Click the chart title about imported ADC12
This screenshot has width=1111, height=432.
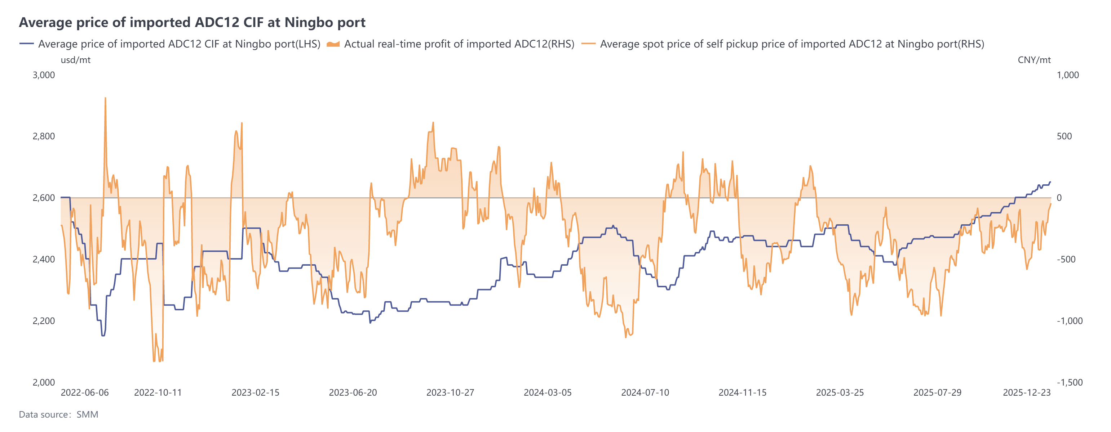click(x=192, y=22)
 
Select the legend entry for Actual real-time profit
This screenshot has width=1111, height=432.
click(x=459, y=44)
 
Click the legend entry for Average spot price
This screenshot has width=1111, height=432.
click(x=791, y=44)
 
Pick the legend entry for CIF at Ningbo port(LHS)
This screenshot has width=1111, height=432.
click(x=178, y=44)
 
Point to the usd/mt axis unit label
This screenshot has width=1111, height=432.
click(x=75, y=60)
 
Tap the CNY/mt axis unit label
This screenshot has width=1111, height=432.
click(x=1034, y=60)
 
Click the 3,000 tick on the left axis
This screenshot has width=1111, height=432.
click(x=44, y=75)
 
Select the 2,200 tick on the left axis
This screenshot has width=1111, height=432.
click(x=44, y=321)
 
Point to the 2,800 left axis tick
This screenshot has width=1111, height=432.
click(x=44, y=136)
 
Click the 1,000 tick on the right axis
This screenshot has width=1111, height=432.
click(x=1067, y=75)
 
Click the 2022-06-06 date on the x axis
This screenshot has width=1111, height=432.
click(x=84, y=393)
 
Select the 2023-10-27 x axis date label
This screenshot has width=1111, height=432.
click(x=450, y=393)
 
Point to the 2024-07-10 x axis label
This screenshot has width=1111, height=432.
click(x=645, y=393)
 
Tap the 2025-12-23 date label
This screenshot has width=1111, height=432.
click(x=1027, y=393)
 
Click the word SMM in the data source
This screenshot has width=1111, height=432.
click(x=87, y=415)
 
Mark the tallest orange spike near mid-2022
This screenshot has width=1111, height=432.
click(x=105, y=99)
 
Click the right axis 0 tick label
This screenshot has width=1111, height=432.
click(x=1059, y=198)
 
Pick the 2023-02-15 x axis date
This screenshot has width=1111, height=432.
click(x=255, y=393)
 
